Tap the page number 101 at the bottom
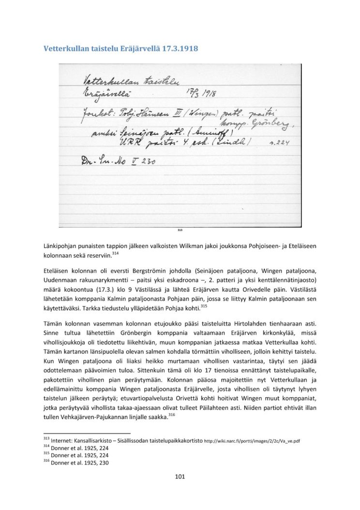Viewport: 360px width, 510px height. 180,477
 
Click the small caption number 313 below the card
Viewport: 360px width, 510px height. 180,231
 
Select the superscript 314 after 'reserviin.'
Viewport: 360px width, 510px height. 115,253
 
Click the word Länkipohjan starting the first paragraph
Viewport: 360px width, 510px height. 61,247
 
